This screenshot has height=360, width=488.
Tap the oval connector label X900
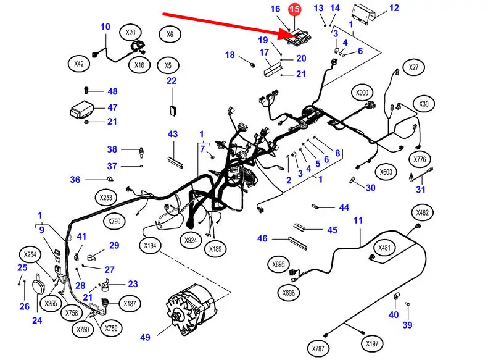[x=362, y=93]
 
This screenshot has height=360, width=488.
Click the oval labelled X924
[x=191, y=239]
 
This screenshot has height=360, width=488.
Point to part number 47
[x=112, y=107]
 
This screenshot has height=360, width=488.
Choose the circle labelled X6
[x=170, y=35]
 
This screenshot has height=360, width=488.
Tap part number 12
[x=394, y=8]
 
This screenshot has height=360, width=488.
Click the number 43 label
[x=172, y=134]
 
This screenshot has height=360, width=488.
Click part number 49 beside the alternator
[x=145, y=338]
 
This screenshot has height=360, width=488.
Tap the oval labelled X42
[x=78, y=63]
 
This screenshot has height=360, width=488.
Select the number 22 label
[x=171, y=81]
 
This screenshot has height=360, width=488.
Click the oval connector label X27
[x=413, y=67]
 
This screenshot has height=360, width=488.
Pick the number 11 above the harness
[x=358, y=220]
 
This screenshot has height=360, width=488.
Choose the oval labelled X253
[x=106, y=198]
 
